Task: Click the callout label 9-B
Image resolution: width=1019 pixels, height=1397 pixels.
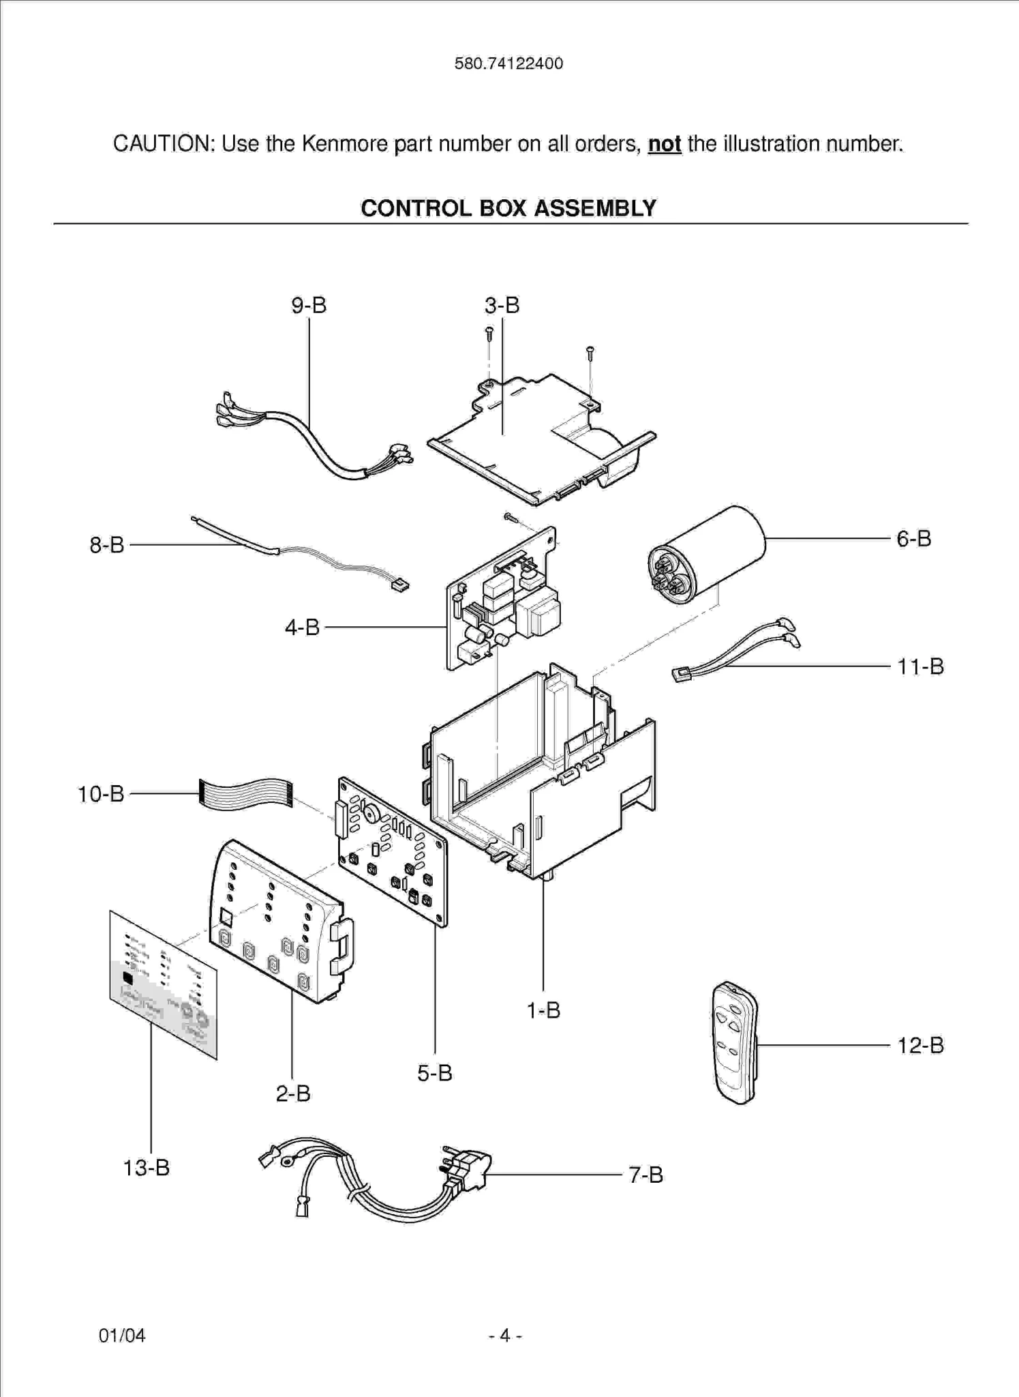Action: (x=309, y=306)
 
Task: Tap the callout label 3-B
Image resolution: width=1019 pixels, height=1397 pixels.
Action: (x=502, y=306)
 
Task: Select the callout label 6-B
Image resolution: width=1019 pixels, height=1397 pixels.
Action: (x=913, y=539)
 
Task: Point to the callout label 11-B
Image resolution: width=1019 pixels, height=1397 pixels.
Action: (x=920, y=666)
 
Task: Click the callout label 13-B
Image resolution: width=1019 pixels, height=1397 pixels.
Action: (x=146, y=1168)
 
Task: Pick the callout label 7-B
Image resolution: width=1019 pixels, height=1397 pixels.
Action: (x=645, y=1175)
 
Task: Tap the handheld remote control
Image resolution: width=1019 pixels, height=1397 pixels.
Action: (x=735, y=1042)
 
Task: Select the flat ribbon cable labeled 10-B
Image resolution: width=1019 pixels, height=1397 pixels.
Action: (x=245, y=793)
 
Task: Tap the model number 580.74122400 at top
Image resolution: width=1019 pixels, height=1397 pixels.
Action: (x=508, y=63)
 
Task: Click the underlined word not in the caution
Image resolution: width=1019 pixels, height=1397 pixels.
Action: (x=665, y=144)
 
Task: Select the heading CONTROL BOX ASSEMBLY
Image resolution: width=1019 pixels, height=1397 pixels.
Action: (x=508, y=208)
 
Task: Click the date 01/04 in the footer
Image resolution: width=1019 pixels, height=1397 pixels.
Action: (x=122, y=1335)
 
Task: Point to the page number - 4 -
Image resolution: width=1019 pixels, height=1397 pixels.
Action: (x=505, y=1335)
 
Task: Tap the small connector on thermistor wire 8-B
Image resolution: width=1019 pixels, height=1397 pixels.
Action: (x=399, y=585)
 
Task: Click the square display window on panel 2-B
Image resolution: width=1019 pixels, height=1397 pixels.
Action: (x=226, y=917)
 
